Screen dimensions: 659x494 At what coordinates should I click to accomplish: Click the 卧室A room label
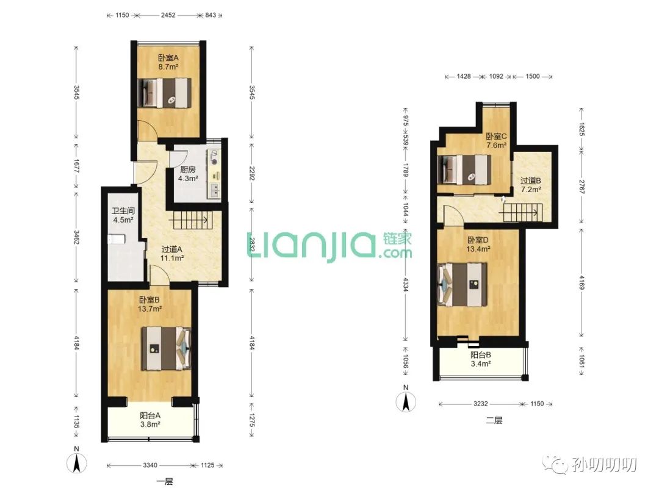168,58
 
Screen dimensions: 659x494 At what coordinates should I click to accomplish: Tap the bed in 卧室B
166,348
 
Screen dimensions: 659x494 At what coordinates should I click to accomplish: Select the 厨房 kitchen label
188,170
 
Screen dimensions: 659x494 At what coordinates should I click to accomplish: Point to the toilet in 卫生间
117,240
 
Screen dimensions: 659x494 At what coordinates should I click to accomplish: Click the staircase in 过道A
189,220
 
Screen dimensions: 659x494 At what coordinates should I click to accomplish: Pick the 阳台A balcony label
150,415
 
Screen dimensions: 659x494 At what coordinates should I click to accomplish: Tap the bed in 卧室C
464,170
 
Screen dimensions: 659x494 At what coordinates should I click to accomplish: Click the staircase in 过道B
519,213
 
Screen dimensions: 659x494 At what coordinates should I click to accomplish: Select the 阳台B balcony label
480,355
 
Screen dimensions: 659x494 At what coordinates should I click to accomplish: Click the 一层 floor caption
164,482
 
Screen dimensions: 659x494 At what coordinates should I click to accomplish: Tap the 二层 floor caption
494,420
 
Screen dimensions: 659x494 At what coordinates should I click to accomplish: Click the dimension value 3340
150,465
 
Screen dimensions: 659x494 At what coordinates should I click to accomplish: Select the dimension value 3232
480,404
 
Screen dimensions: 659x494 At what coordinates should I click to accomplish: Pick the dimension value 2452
168,15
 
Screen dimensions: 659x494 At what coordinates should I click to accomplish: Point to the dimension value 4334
405,284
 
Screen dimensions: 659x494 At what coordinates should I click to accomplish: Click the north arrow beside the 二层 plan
406,401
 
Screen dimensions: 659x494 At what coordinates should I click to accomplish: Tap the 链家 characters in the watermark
397,238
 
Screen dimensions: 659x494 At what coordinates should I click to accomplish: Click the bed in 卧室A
164,93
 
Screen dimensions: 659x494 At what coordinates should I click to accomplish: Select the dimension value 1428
464,76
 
